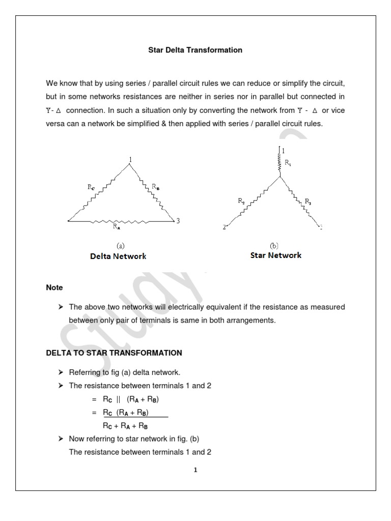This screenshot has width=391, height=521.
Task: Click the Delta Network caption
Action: tap(115, 256)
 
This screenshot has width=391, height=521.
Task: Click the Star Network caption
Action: tap(275, 255)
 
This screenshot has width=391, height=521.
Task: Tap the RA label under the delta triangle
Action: tap(117, 227)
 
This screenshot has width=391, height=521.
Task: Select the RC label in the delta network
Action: tap(91, 187)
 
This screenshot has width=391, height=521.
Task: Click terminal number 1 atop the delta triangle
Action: tap(130, 160)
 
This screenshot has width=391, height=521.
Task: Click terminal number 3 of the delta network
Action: tap(177, 221)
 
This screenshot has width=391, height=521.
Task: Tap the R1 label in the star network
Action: tap(288, 163)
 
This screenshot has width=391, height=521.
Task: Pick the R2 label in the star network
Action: tap(241, 201)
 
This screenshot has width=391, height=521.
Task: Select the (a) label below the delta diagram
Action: tap(121, 245)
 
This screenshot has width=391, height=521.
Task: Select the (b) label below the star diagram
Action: tap(273, 245)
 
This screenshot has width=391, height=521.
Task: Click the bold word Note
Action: tap(54, 287)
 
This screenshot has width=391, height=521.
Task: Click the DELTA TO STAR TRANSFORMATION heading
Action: tap(114, 353)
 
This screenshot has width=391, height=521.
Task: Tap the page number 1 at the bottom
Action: tap(195, 470)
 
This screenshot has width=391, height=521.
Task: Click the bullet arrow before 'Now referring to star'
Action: tap(61, 439)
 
